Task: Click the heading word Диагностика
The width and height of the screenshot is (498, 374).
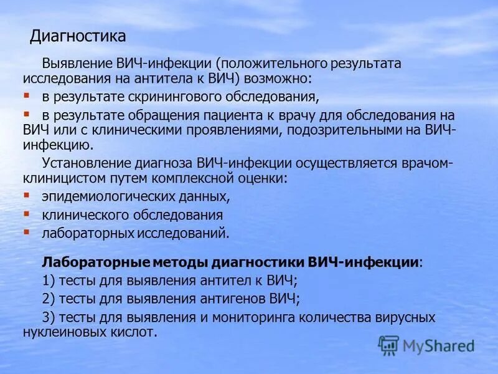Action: coord(78,36)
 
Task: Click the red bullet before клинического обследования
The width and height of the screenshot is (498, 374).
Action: coord(26,214)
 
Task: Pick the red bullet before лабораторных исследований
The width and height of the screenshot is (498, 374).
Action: coord(26,231)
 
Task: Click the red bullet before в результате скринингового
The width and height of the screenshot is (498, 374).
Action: coord(26,96)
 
